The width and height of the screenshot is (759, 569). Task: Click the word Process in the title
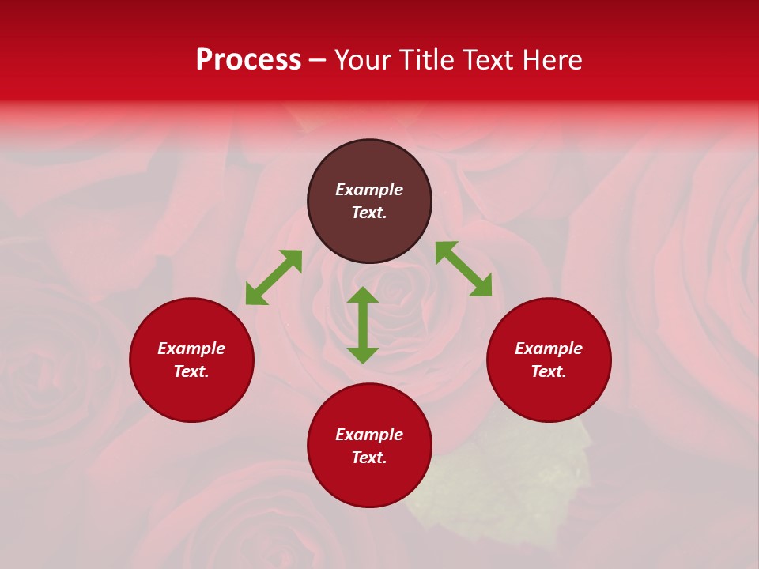[248, 60]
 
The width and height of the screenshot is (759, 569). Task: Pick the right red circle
[549, 390]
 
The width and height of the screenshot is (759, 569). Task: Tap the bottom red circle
[369, 478]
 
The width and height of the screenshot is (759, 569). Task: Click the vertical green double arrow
[363, 326]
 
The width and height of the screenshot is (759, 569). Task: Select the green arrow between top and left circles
[274, 277]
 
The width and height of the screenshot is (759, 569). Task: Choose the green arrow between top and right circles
[463, 269]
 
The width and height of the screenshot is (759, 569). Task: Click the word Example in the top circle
[369, 190]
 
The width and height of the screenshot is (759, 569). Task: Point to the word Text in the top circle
[369, 213]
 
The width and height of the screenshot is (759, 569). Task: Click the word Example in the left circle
[191, 349]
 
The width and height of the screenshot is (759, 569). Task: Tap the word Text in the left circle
[191, 371]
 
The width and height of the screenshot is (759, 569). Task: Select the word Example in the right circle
[549, 349]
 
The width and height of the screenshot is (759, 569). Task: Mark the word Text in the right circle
[549, 371]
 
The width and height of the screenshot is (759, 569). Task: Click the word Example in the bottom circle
[369, 435]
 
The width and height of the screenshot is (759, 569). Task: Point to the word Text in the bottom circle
[369, 458]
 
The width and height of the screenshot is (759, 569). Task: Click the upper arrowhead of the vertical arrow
[363, 296]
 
